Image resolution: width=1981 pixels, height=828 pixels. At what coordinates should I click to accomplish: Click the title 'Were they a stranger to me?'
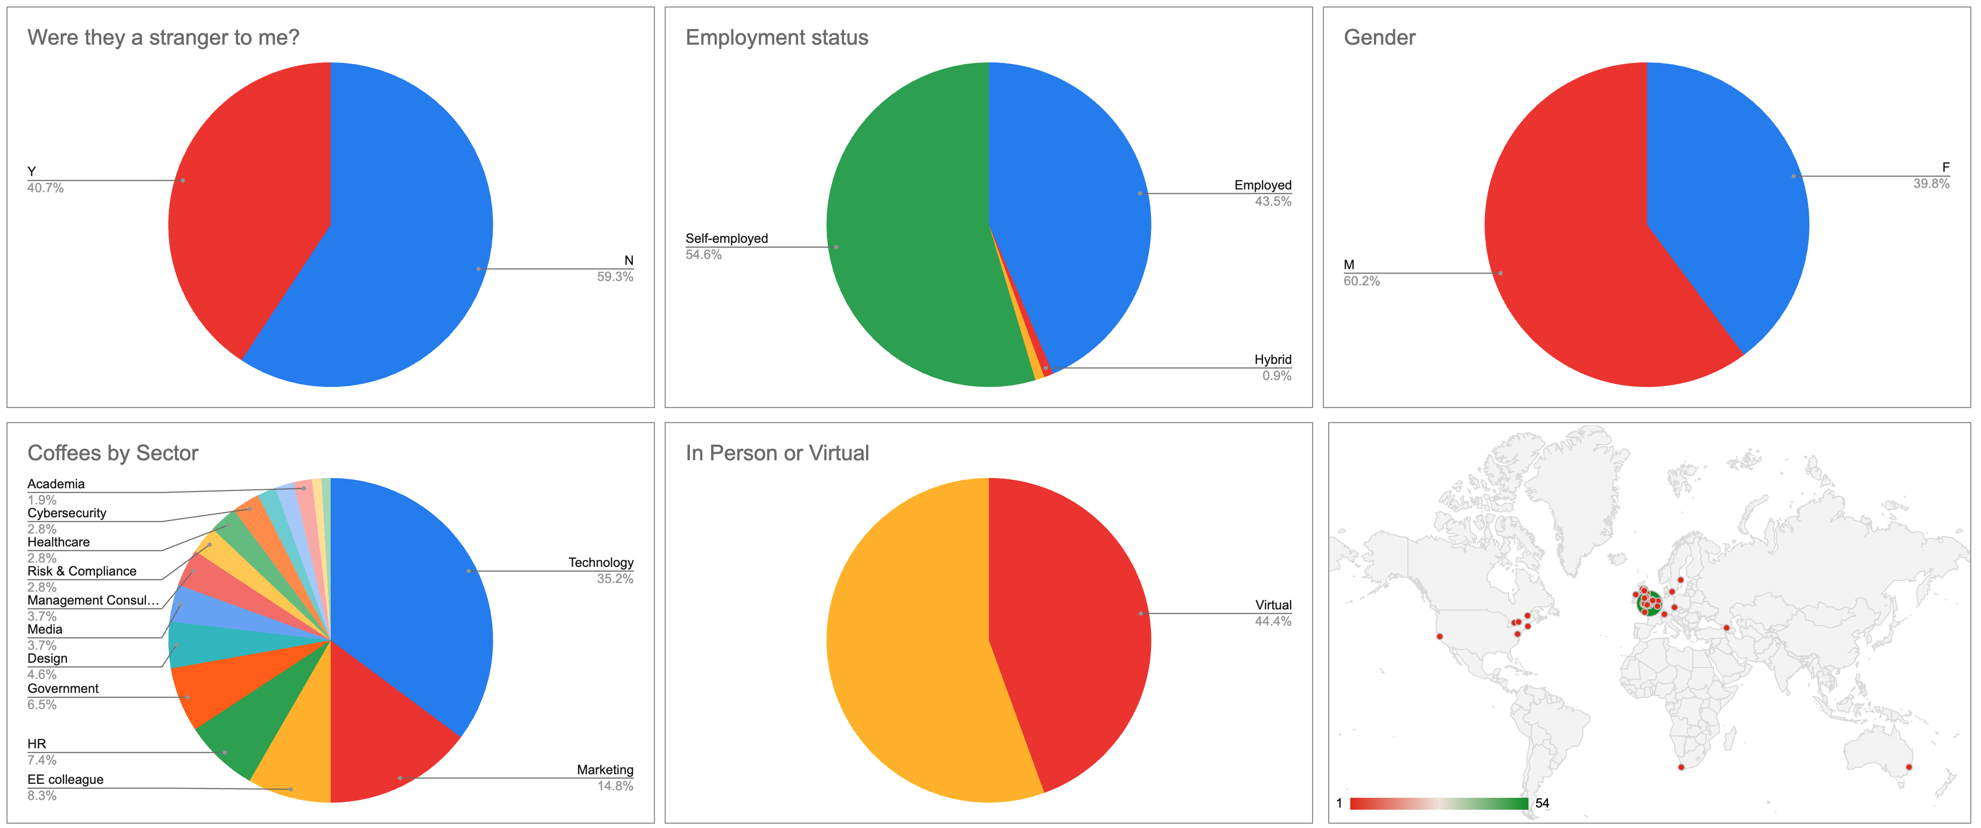[163, 38]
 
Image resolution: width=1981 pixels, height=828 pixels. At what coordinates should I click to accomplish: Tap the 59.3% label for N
[615, 277]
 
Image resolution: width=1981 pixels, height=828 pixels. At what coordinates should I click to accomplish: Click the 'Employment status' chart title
[777, 38]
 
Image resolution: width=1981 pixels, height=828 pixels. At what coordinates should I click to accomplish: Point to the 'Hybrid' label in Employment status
[1273, 360]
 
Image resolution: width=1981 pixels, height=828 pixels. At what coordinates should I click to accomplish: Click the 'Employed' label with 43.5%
[1262, 185]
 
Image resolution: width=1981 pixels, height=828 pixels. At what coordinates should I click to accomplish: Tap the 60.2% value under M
[1361, 282]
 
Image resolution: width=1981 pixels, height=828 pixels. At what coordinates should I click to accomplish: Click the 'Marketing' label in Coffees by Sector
[605, 769]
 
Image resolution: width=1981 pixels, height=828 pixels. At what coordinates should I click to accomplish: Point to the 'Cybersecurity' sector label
[67, 513]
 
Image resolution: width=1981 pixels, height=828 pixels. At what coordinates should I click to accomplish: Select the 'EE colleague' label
[65, 780]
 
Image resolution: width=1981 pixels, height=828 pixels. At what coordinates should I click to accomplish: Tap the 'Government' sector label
[63, 689]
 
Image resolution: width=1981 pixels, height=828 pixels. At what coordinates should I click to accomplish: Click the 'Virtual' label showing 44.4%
[1273, 605]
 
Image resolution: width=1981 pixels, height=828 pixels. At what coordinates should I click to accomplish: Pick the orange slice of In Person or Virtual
[908, 646]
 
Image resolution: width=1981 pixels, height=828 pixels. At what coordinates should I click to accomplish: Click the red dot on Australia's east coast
[1909, 767]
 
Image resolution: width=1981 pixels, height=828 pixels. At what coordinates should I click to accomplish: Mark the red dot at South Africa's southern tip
[1681, 767]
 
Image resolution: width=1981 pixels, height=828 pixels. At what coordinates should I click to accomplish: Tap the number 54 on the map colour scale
[1542, 803]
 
